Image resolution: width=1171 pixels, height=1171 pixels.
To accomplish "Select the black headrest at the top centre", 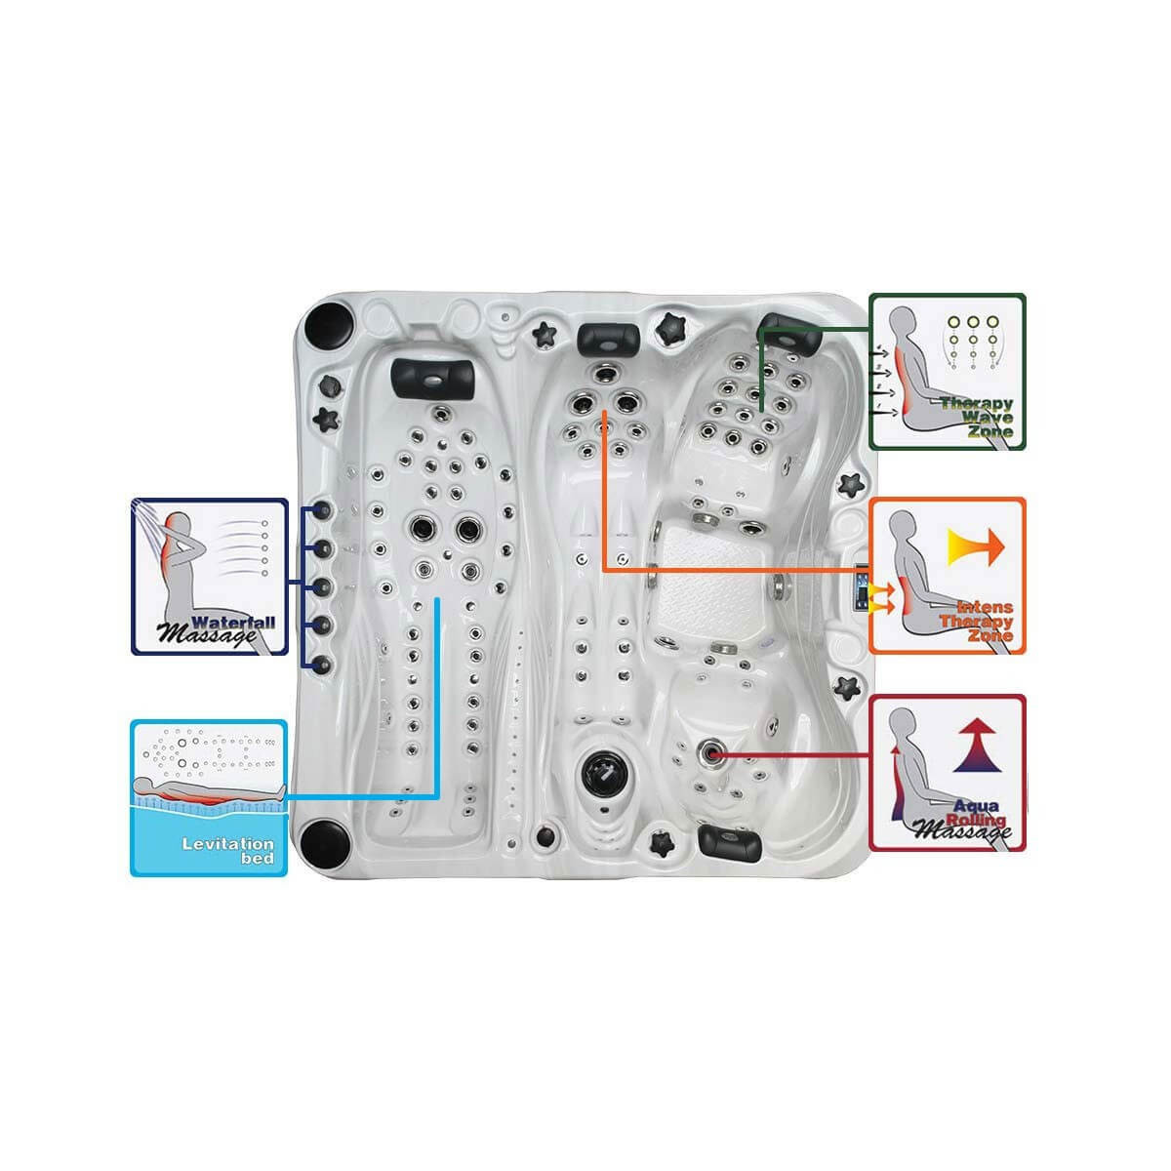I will coord(609,338).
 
